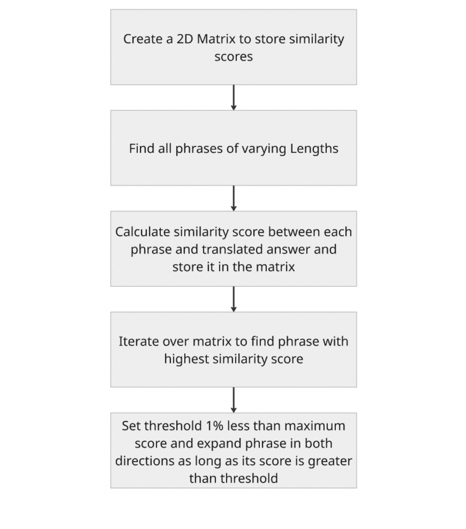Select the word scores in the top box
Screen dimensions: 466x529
[x=233, y=57]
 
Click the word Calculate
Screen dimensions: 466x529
[x=143, y=232]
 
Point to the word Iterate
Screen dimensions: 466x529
[x=138, y=341]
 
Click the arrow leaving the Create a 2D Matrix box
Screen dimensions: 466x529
[x=234, y=98]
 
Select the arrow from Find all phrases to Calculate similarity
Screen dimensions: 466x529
[x=234, y=198]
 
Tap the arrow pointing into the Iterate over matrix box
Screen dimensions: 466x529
[x=234, y=299]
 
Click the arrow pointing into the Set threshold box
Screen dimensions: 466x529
[x=234, y=400]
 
